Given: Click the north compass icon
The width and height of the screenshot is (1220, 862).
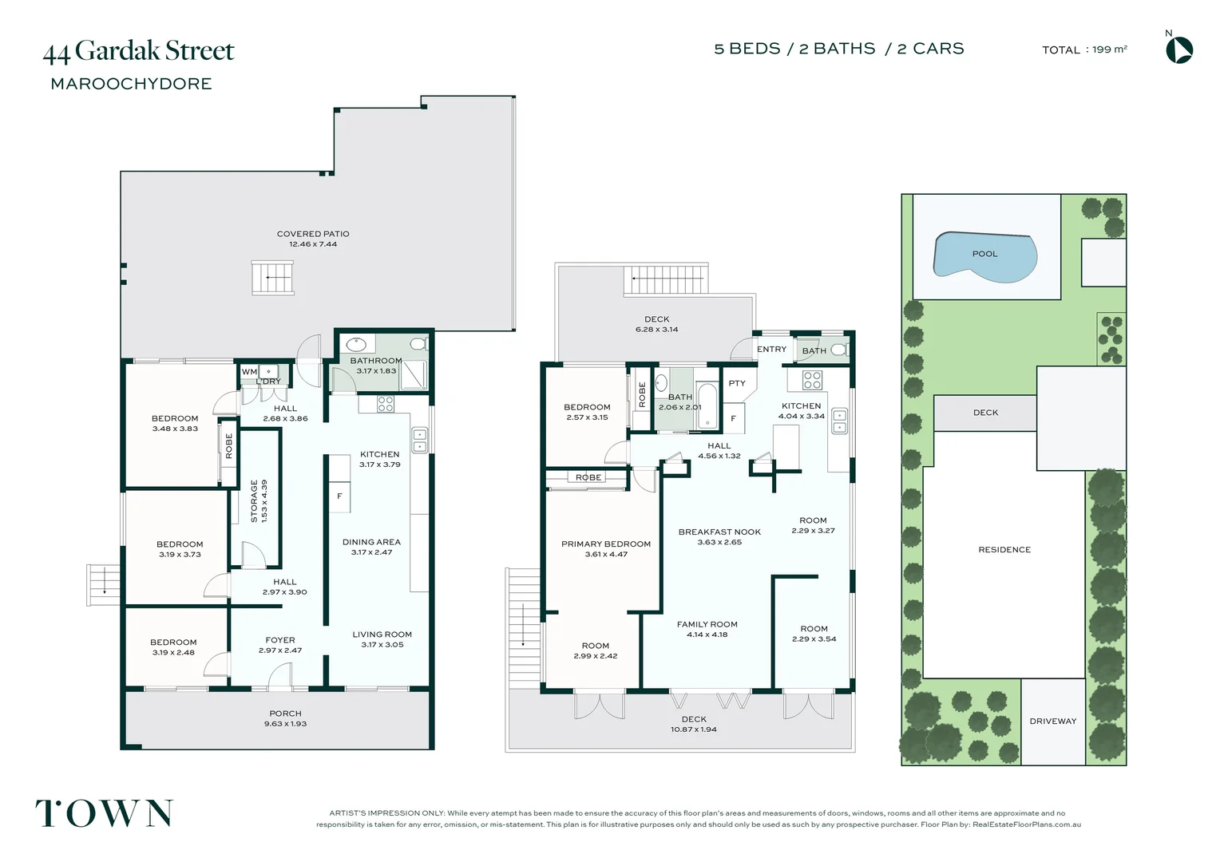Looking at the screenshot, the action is [1179, 50].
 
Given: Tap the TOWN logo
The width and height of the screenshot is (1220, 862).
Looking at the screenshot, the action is [105, 813].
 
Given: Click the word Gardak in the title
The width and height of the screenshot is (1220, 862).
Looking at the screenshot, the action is [117, 50].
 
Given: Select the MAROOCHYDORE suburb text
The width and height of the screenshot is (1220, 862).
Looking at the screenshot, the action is [131, 84].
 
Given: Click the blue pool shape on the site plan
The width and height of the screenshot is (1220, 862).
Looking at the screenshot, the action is [984, 257].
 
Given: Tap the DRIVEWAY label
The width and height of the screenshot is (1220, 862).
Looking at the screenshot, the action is [1053, 721].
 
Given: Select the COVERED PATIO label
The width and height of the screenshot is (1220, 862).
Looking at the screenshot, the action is [313, 234].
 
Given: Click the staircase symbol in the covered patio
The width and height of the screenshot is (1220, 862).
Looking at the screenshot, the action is [273, 278].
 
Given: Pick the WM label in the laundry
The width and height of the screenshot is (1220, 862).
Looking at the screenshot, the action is [249, 371].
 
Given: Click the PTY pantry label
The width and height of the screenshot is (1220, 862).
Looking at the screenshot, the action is [737, 383].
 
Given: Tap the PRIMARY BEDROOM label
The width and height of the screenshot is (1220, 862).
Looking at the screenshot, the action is [606, 544].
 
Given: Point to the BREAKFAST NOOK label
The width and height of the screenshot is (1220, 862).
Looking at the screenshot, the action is [719, 532].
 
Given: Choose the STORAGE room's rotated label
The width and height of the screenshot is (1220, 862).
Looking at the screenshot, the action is [254, 501].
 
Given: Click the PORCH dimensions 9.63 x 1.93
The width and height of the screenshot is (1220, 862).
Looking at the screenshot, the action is [285, 724].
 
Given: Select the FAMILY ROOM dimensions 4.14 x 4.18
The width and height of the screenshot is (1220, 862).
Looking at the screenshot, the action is [707, 635].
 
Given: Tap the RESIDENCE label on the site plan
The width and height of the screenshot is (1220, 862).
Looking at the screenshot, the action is [1004, 549].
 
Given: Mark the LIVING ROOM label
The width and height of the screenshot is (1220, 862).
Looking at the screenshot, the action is [382, 634].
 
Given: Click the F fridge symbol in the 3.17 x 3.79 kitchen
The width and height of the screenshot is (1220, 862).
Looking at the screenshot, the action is [339, 496].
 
